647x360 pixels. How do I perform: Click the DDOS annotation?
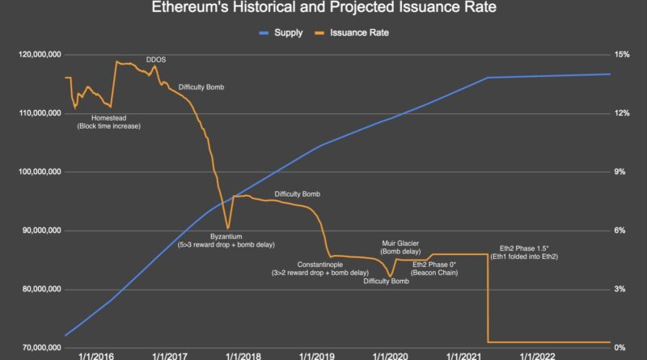coord(156,60)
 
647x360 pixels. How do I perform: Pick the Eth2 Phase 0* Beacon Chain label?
coord(434,269)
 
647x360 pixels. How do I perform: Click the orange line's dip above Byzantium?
coord(228,227)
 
